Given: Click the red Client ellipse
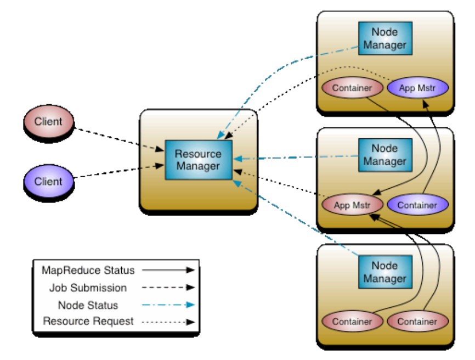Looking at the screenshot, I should pos(48,122).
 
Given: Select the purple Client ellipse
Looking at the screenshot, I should pos(48,181).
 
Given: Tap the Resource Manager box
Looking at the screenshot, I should pos(198,160).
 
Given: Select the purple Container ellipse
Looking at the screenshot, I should pos(417,205).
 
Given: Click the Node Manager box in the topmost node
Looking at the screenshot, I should pos(384,38).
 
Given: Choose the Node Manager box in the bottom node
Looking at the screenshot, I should pos(384,272).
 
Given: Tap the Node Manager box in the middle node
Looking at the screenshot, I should pos(384,155).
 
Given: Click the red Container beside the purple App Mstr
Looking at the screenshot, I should pos(351,88).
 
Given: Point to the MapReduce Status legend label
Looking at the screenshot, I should pos(88,271).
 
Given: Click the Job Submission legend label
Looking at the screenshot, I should pos(88,288).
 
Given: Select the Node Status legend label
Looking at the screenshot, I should pos(88,305).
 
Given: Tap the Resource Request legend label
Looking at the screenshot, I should pos(88,322).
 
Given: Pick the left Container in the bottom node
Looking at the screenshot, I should pos(351,322).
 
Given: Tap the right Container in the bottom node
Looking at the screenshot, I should pos(417,322).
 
